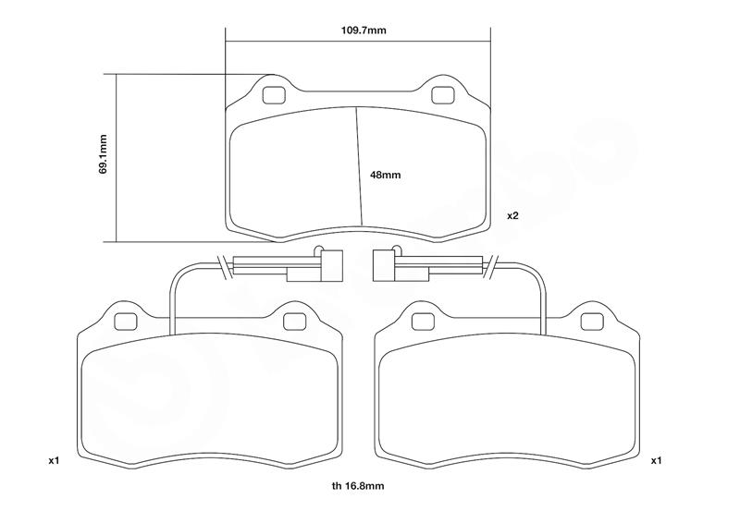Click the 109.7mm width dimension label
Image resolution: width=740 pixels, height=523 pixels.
coord(357,30)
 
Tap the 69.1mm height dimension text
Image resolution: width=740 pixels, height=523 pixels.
coord(104,154)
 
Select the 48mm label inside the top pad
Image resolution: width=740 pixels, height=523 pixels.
coord(385,174)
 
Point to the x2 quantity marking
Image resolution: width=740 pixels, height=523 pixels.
coord(512,215)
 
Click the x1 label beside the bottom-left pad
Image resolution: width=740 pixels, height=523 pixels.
coord(53,459)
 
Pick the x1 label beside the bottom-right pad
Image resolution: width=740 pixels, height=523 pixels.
coord(656,459)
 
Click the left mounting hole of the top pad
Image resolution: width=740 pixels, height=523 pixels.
coord(273,94)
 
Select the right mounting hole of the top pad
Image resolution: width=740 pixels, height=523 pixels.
coord(441,94)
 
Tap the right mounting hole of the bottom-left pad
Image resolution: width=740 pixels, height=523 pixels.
coord(294,321)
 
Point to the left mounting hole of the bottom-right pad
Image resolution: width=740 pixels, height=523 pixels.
coord(421,321)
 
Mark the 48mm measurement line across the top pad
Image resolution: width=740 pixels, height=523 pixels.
coord(359,166)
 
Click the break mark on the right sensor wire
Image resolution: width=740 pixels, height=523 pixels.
coord(492,266)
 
